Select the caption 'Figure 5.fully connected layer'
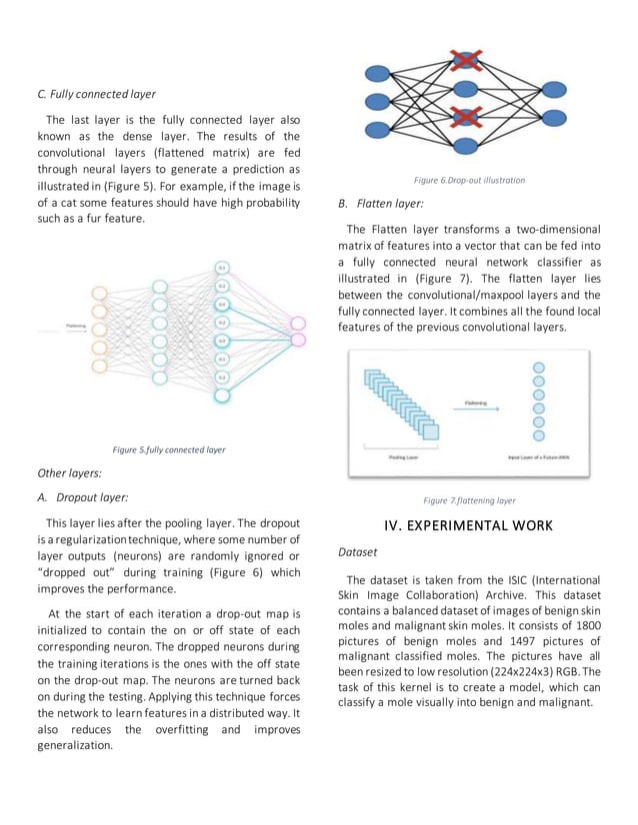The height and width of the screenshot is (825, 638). coord(168,449)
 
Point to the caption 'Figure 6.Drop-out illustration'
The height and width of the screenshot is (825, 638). coord(469,180)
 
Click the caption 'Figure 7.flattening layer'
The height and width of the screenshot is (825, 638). coord(469,500)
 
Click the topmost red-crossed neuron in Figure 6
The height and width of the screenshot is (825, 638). coord(466,59)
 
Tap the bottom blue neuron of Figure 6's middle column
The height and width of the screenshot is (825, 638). coord(466,146)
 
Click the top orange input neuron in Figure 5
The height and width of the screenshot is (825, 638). coord(99,293)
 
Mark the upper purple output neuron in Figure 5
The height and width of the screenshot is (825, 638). coord(297,323)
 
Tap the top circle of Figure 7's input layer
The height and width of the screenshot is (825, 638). coord(539,368)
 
